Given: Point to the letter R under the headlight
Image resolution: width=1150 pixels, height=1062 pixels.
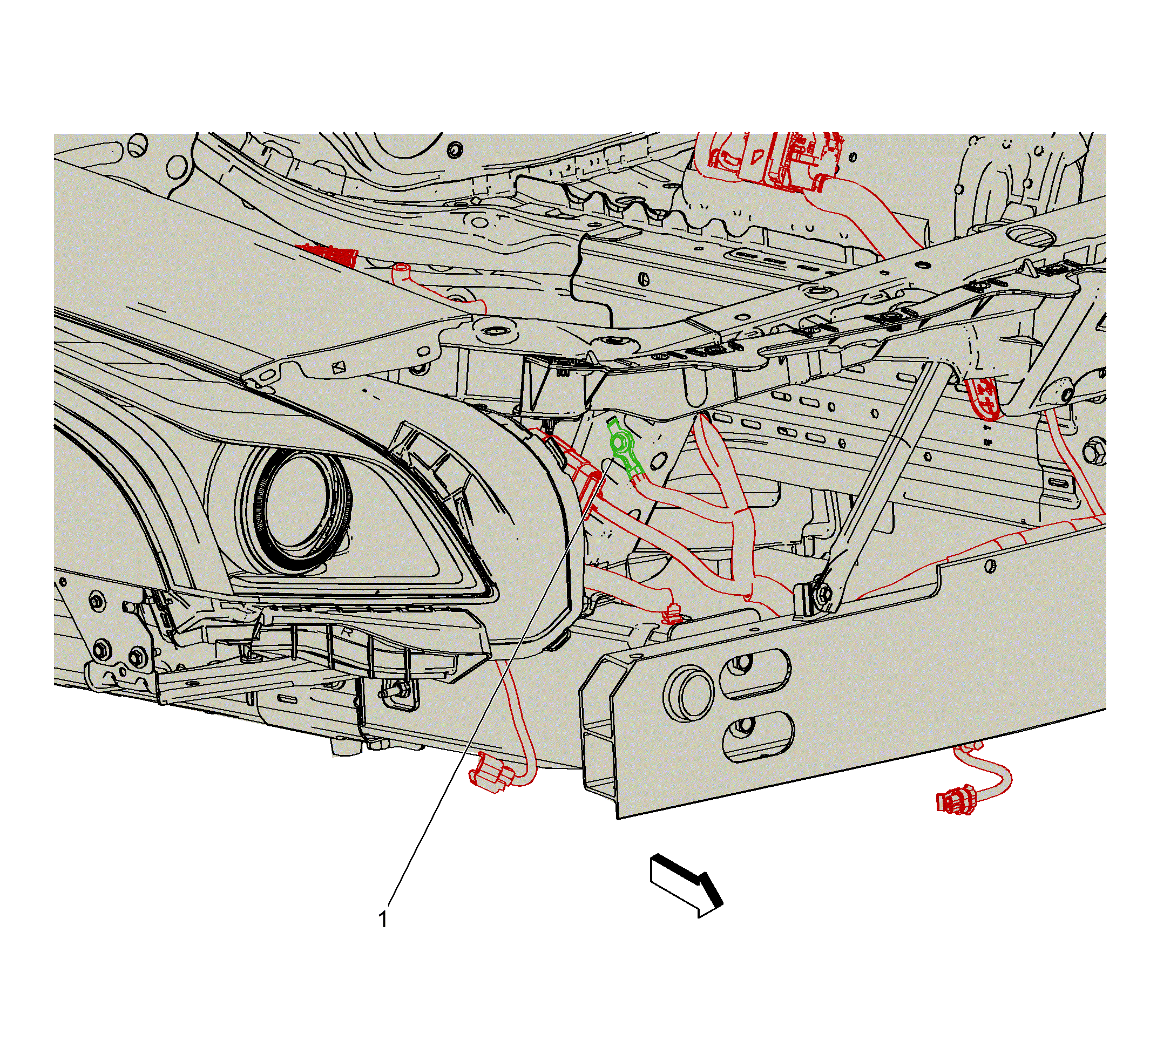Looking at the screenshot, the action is [x=347, y=632].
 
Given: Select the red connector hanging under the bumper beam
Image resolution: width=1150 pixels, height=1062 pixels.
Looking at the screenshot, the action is [x=955, y=802].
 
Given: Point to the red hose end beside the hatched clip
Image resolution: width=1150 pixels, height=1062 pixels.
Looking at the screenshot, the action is [x=401, y=270].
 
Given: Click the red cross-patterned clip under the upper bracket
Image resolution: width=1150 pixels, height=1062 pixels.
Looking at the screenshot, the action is [x=984, y=397].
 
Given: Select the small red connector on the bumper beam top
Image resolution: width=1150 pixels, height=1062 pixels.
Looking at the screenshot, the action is [x=671, y=615].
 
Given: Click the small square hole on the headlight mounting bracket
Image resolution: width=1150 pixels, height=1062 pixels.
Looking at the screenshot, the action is [x=338, y=366].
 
